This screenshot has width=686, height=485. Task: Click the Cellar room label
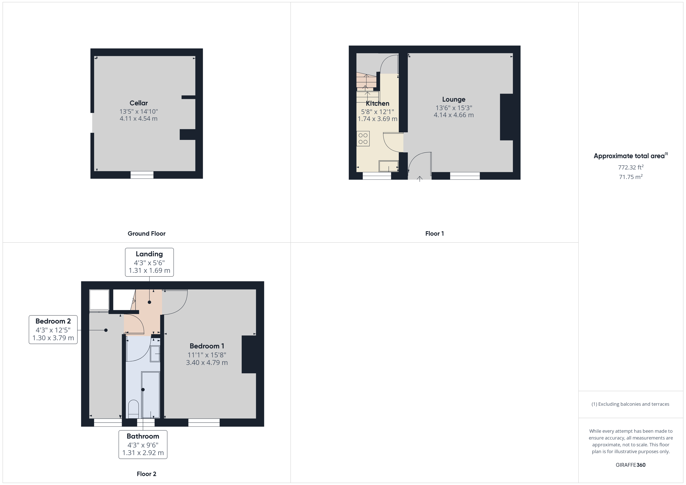tap(138, 103)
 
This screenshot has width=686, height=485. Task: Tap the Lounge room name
tap(454, 99)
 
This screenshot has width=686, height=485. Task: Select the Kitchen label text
tap(377, 104)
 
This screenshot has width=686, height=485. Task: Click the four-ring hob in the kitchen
tap(363, 139)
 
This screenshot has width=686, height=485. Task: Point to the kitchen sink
tap(388, 166)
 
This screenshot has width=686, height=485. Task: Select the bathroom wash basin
tap(155, 354)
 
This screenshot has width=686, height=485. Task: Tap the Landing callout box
tap(149, 262)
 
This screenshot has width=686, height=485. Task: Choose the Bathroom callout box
tap(143, 444)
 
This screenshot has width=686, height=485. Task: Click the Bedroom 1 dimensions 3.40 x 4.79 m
tap(207, 363)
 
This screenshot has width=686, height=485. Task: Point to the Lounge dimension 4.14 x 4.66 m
tap(454, 115)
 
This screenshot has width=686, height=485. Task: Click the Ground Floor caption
tap(146, 234)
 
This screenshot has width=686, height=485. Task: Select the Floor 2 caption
tap(146, 474)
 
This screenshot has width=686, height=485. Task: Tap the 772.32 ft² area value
tap(630, 167)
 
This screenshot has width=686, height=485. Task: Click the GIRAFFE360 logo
tap(630, 465)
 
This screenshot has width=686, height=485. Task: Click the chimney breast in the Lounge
tap(507, 117)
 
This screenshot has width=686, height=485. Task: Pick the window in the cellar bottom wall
tap(142, 175)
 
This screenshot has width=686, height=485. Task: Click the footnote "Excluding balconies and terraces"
tap(630, 404)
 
